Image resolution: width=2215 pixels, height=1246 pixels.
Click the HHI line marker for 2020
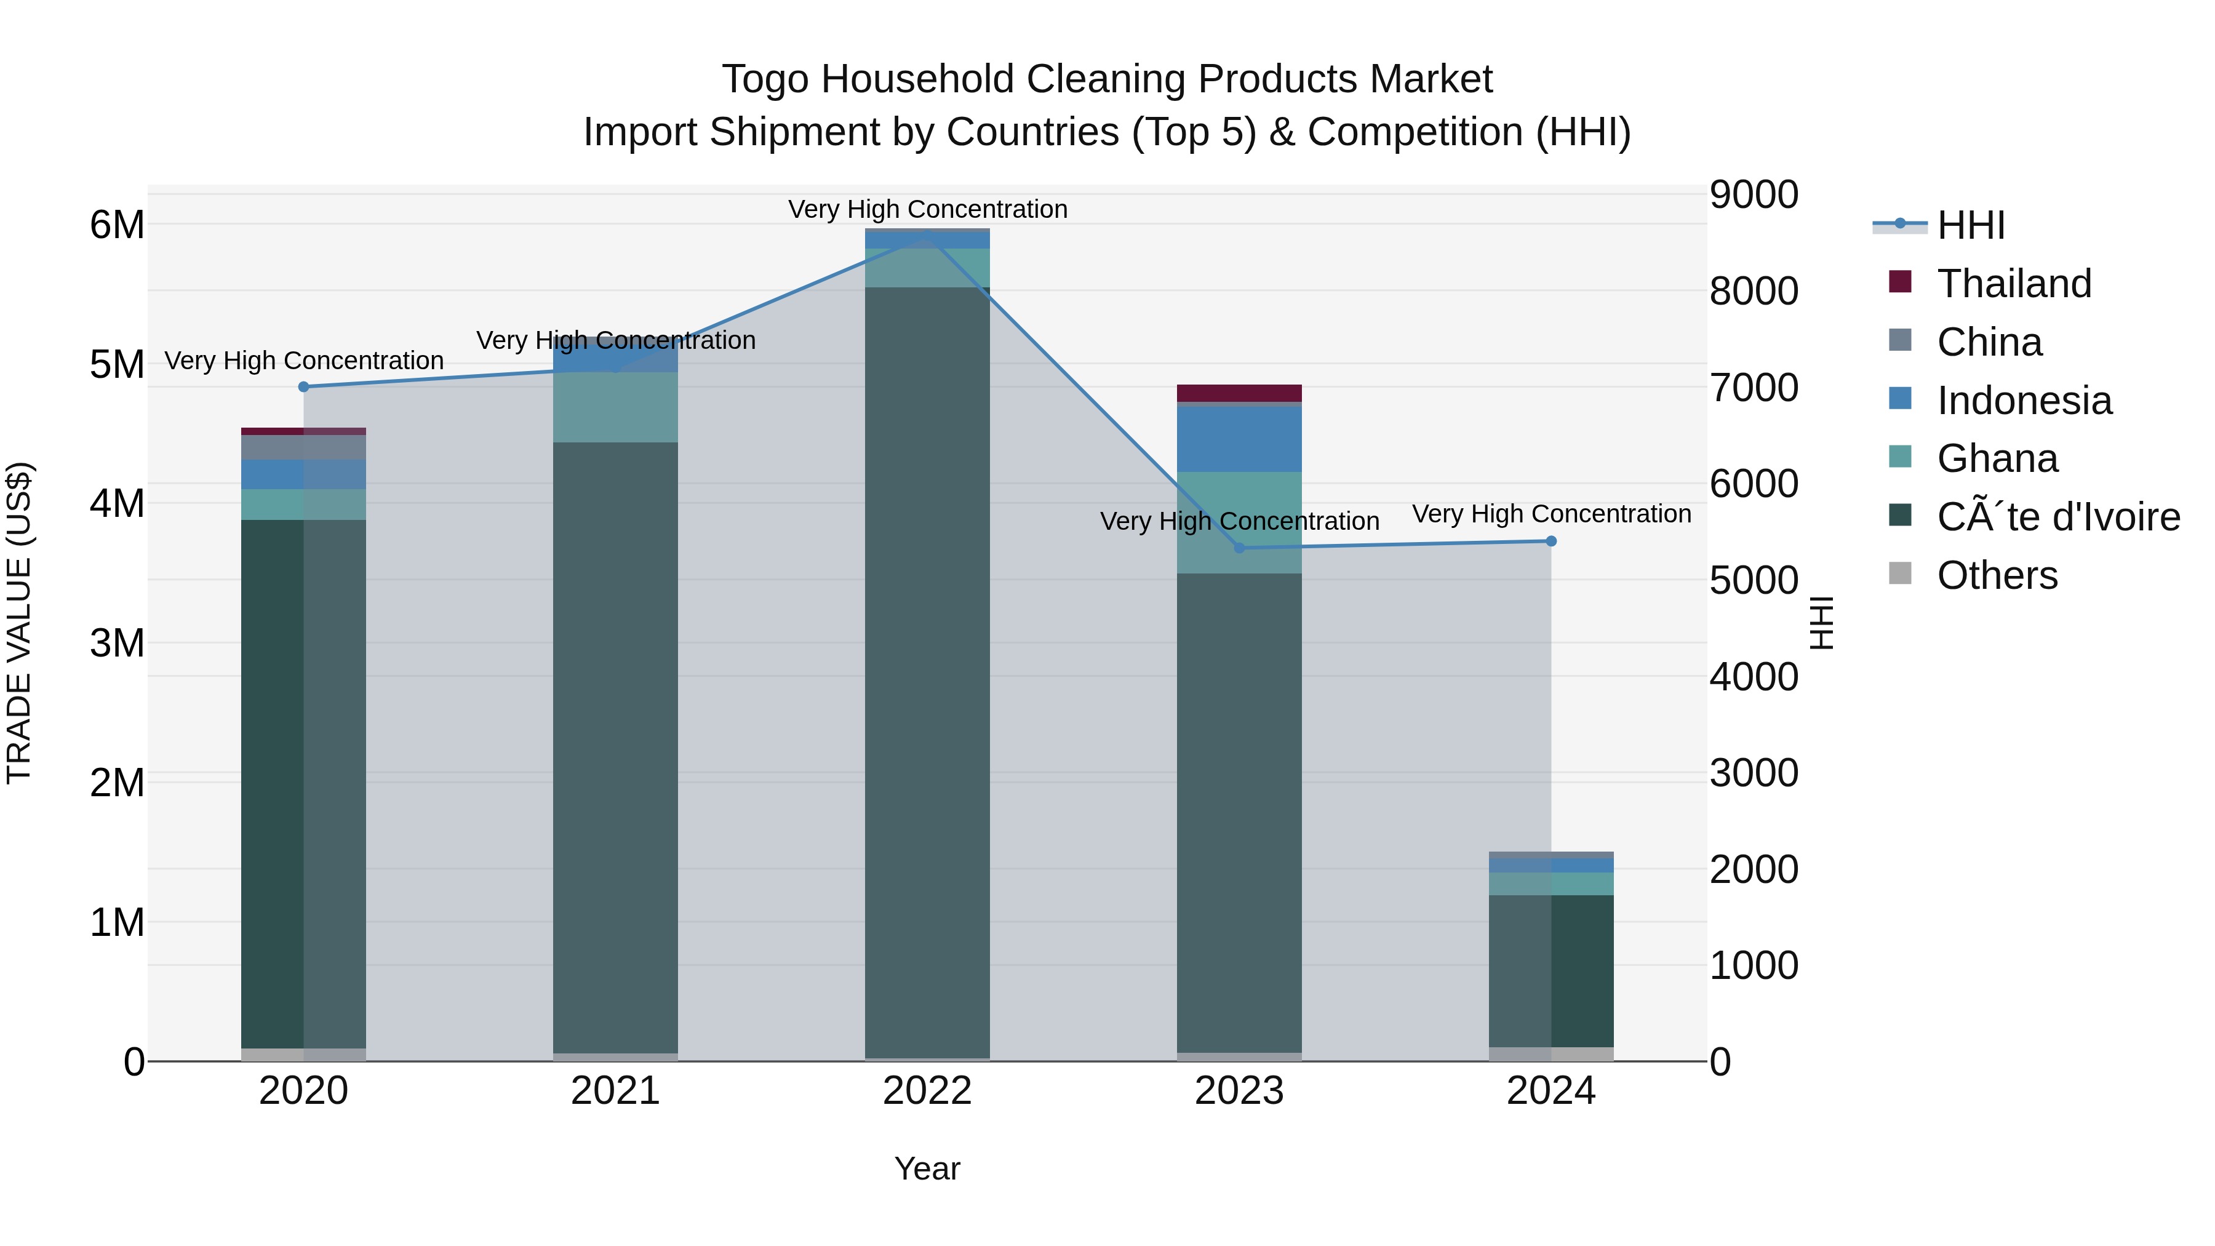tap(303, 387)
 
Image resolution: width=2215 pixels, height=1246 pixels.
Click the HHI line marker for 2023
tap(1239, 548)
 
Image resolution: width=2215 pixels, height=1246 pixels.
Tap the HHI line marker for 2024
tap(1551, 541)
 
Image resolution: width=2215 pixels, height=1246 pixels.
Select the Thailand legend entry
tap(2013, 284)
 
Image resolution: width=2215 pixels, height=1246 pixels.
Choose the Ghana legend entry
tap(1997, 458)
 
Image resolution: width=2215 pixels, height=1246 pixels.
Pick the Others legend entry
tap(1997, 575)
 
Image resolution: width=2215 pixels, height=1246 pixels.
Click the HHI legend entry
tap(1970, 225)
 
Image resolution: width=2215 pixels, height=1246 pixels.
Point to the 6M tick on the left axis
tap(117, 225)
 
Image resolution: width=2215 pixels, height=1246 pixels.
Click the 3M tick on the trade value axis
tap(117, 643)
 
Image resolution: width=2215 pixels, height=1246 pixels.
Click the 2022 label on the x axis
tap(927, 1091)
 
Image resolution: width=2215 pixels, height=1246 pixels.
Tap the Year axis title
tap(927, 1168)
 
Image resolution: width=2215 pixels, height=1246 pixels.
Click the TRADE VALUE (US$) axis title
tap(19, 623)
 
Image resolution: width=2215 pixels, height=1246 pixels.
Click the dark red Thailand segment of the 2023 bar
tap(1239, 393)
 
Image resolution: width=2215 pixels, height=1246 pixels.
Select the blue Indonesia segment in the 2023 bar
tap(1239, 439)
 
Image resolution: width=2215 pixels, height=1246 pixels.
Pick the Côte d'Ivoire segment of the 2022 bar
tap(927, 671)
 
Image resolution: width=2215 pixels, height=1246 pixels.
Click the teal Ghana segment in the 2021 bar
tap(616, 407)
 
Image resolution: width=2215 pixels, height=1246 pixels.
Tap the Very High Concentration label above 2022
tap(927, 209)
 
